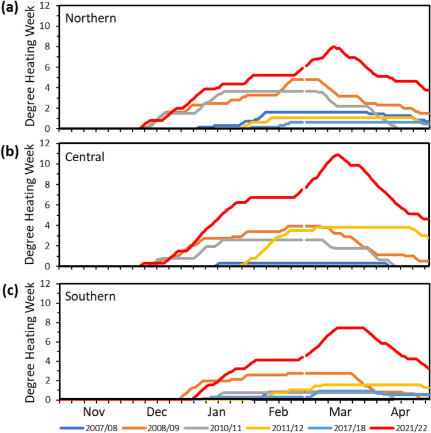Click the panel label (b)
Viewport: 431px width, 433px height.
[x=12, y=144]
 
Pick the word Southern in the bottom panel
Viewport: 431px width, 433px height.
[x=90, y=297]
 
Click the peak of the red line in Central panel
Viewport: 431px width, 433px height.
[x=337, y=154]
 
